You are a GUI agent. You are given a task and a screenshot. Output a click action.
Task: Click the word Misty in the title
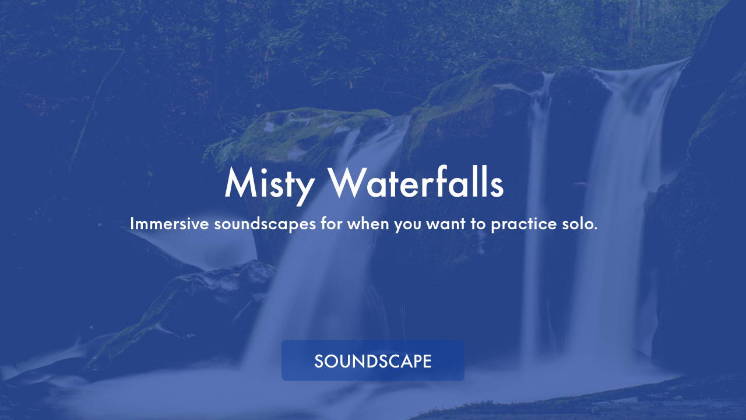[269, 185]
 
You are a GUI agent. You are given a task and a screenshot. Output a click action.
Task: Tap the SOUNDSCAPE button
[372, 360]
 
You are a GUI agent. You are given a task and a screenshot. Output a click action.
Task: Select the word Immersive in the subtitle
[169, 223]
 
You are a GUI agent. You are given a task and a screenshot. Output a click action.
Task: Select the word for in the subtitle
[332, 223]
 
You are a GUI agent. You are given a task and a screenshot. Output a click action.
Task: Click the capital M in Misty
[241, 183]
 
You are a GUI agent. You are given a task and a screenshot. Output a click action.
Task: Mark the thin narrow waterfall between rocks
[537, 216]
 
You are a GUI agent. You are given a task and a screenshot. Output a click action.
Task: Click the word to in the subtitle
[478, 224]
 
